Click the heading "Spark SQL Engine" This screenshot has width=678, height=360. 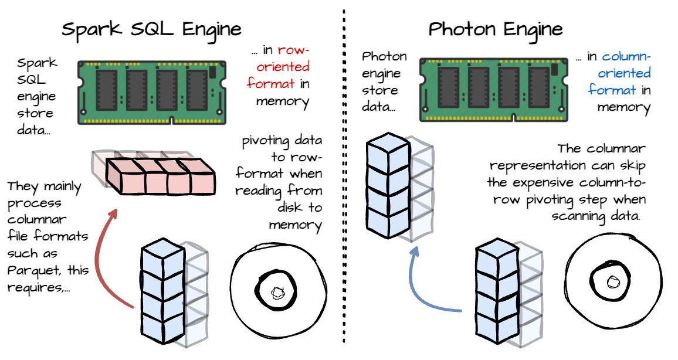pyautogui.click(x=152, y=29)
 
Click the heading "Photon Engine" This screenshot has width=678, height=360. pyautogui.click(x=496, y=29)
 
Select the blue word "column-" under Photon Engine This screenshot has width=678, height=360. pyautogui.click(x=626, y=57)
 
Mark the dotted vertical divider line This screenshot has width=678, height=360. pyautogui.click(x=343, y=176)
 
